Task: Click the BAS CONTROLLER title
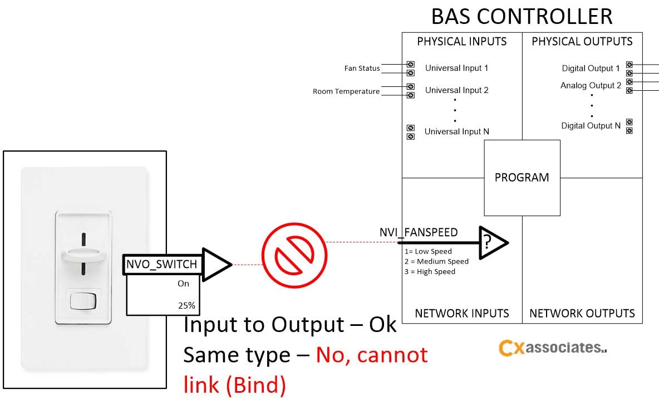pyautogui.click(x=522, y=16)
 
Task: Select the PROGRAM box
pyautogui.click(x=522, y=178)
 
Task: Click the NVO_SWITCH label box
pyautogui.click(x=161, y=264)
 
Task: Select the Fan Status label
pyautogui.click(x=362, y=69)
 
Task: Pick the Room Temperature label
pyautogui.click(x=346, y=91)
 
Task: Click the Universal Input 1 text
pyautogui.click(x=456, y=68)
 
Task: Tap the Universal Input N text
pyautogui.click(x=456, y=131)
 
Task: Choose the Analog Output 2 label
pyautogui.click(x=591, y=86)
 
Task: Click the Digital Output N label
pyautogui.click(x=591, y=126)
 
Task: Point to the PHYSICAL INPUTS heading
pyautogui.click(x=461, y=42)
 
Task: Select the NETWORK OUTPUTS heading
pyautogui.click(x=582, y=314)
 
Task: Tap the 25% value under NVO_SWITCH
pyautogui.click(x=186, y=305)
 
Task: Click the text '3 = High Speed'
pyautogui.click(x=430, y=271)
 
